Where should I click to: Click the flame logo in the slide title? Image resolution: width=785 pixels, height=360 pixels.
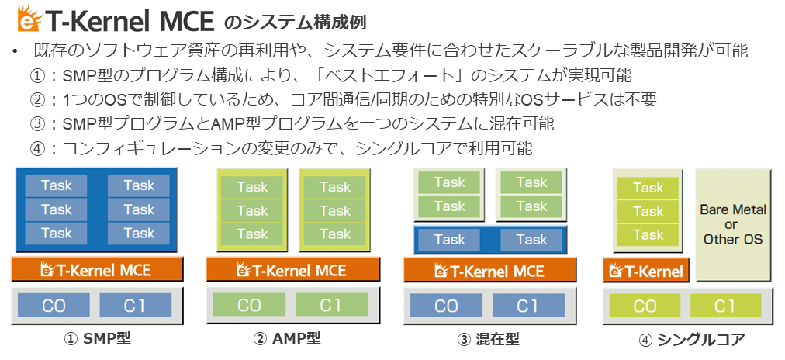31,17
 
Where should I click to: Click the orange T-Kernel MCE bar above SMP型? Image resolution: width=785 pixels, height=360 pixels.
97,270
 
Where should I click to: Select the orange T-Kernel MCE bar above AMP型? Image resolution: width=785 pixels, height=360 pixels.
292,270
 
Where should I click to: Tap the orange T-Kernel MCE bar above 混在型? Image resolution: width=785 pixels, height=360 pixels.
490,270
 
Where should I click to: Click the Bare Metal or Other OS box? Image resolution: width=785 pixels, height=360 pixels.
733,224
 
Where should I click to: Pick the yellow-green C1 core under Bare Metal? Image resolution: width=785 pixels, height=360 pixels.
725,306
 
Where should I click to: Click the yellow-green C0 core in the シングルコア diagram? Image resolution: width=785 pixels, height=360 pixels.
645,306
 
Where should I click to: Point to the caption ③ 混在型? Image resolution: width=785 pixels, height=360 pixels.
489,339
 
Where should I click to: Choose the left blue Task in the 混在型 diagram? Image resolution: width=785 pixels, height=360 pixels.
449,240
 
